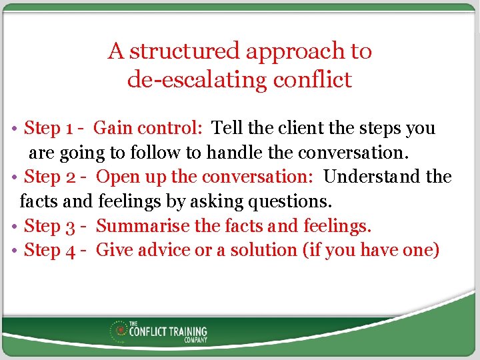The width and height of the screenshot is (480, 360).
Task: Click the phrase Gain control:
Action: tap(150, 128)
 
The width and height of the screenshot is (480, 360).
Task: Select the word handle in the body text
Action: tap(235, 153)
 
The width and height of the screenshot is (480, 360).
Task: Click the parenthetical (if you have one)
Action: tap(371, 250)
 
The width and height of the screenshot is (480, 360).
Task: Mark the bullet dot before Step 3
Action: tap(15, 227)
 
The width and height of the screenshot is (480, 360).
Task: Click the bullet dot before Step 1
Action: tap(15, 129)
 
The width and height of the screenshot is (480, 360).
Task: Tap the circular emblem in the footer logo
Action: tap(121, 330)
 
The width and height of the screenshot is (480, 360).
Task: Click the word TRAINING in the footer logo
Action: tap(187, 331)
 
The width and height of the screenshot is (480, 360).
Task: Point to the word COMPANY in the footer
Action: tap(196, 340)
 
